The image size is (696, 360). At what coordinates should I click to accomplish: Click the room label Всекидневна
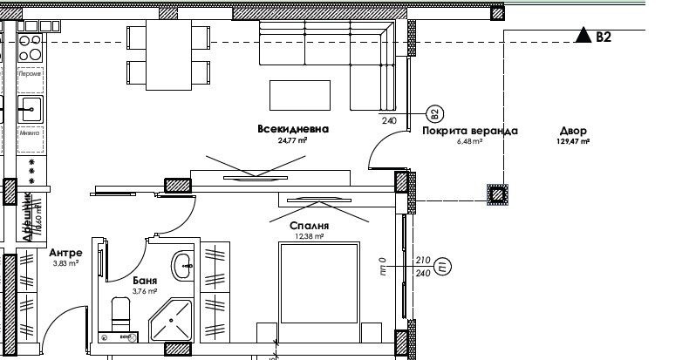click(x=293, y=129)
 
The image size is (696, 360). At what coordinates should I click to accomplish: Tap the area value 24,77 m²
click(x=292, y=140)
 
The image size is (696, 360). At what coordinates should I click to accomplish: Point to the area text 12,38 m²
click(x=310, y=235)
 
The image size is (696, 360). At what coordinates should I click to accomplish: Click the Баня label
click(x=146, y=281)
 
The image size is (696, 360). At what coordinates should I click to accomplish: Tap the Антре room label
click(x=65, y=252)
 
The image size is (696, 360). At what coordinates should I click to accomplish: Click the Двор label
click(x=573, y=131)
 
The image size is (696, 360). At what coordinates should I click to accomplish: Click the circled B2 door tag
click(x=433, y=114)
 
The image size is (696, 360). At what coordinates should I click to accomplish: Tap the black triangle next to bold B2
click(x=582, y=36)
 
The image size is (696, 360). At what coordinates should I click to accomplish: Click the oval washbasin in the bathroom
click(x=182, y=266)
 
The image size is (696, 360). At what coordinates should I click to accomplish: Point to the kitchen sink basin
click(x=29, y=110)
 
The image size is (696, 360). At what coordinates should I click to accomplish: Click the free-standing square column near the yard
click(x=498, y=194)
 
